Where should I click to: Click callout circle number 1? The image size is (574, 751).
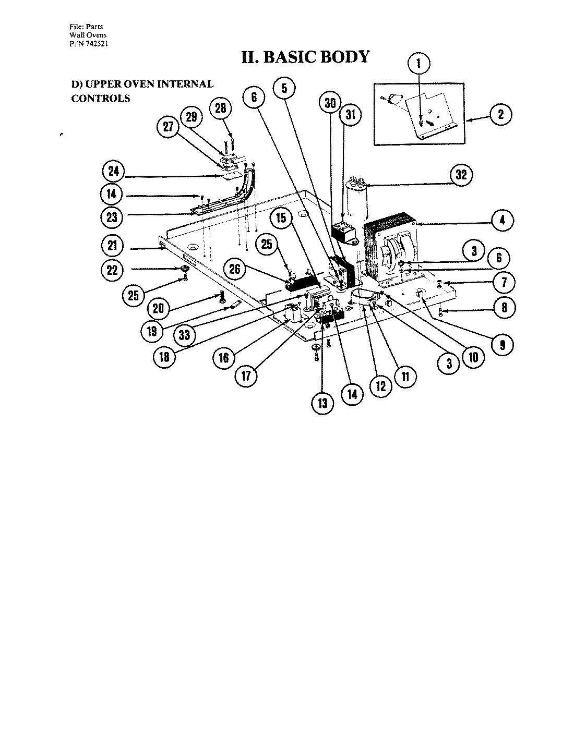(x=418, y=64)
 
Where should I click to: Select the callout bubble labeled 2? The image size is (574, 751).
(x=500, y=114)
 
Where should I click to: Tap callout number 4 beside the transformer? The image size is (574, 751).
(x=501, y=220)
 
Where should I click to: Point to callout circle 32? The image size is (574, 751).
(x=461, y=175)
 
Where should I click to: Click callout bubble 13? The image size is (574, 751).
(x=323, y=403)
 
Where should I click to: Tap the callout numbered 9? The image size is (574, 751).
(x=502, y=344)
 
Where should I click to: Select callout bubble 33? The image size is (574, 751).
(x=184, y=335)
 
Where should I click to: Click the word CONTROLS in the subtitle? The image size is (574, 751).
(x=100, y=98)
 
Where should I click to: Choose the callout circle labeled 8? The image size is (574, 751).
(x=504, y=308)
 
